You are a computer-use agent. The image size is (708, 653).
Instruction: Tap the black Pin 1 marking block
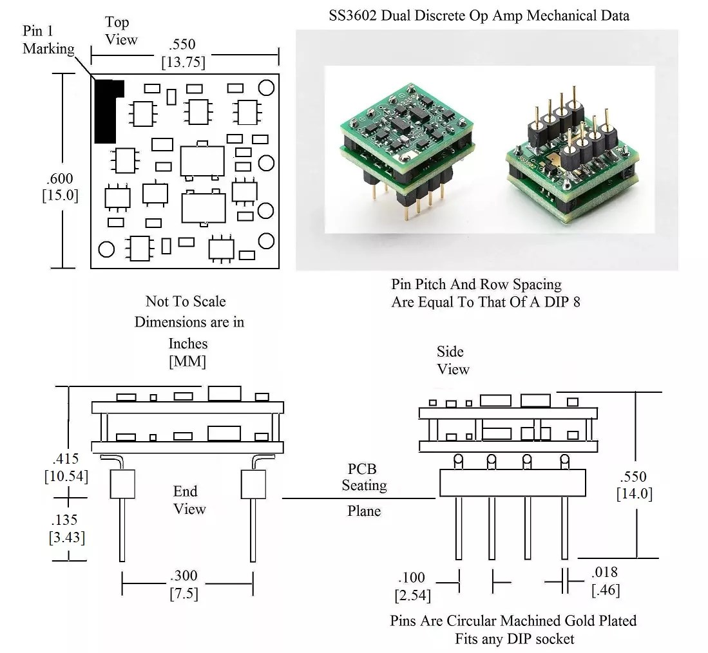tap(106, 111)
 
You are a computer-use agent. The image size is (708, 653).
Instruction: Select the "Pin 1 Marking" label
tap(48, 40)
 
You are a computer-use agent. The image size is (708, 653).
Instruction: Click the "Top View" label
tap(121, 30)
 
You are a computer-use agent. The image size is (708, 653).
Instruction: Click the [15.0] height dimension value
tap(59, 195)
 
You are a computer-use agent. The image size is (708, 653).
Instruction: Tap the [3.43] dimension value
tap(67, 536)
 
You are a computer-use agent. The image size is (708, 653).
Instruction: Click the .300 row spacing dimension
tap(184, 575)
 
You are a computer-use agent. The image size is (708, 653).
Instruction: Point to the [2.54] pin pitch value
tap(412, 594)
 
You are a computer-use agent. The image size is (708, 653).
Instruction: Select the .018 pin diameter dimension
tap(606, 572)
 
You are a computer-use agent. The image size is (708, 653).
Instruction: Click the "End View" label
tap(189, 500)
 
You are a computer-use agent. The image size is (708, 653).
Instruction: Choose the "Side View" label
tap(453, 360)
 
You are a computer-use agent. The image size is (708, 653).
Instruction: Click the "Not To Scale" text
tap(186, 301)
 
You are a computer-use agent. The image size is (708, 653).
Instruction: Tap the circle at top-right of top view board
tap(266, 87)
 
